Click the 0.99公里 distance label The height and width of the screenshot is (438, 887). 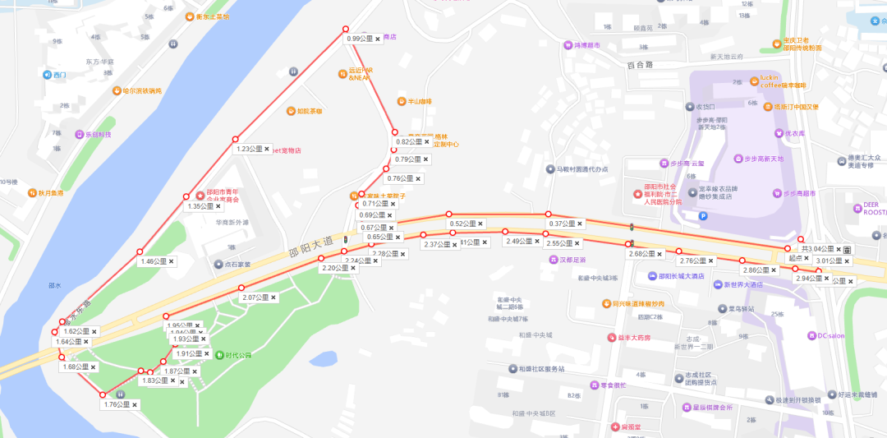click(x=359, y=39)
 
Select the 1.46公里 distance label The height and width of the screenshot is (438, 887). click(x=154, y=261)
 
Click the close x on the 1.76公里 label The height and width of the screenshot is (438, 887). click(x=135, y=404)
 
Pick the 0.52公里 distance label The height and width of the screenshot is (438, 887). click(x=462, y=224)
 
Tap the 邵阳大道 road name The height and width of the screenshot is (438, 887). click(x=312, y=243)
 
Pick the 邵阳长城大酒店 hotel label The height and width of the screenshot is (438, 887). click(x=676, y=276)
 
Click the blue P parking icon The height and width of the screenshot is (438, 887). click(x=702, y=216)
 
